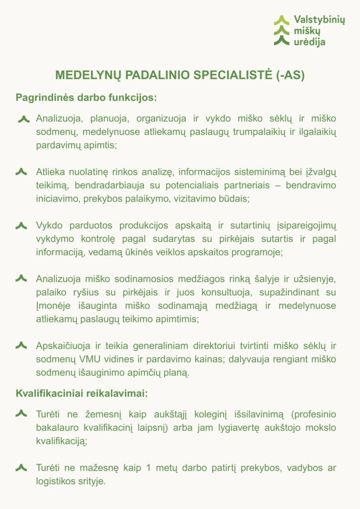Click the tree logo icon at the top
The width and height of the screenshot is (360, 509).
[281, 31]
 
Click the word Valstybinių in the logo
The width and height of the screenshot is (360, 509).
[319, 20]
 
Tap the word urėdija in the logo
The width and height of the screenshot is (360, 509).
[309, 42]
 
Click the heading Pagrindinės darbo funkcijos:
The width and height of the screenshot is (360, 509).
[86, 97]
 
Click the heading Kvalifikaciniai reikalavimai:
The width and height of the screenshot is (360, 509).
[82, 393]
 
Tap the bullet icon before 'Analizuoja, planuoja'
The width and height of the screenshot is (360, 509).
[23, 119]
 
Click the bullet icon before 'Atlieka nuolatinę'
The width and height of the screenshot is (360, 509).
[21, 172]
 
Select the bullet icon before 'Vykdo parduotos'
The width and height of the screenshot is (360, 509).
[21, 226]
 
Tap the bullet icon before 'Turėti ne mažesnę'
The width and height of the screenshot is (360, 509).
[21, 468]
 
